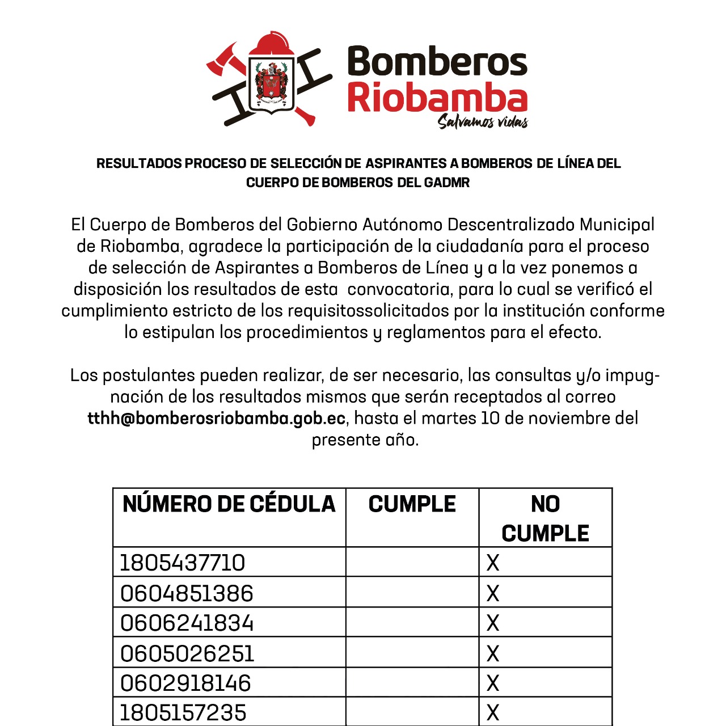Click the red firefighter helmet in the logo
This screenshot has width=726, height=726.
(x=271, y=45)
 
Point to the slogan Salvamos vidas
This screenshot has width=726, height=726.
(x=483, y=121)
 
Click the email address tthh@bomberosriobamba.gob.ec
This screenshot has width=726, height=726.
(x=217, y=419)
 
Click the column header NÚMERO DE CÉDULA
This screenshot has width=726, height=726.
(x=229, y=504)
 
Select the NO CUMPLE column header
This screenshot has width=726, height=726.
(x=545, y=518)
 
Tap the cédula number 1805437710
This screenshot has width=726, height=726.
(x=183, y=563)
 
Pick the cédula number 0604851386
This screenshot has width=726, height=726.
(x=187, y=593)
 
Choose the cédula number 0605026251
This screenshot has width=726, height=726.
(x=187, y=653)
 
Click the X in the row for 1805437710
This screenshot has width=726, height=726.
(x=493, y=563)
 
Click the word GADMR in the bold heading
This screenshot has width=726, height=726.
(x=447, y=183)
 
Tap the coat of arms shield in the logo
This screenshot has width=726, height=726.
(x=272, y=85)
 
